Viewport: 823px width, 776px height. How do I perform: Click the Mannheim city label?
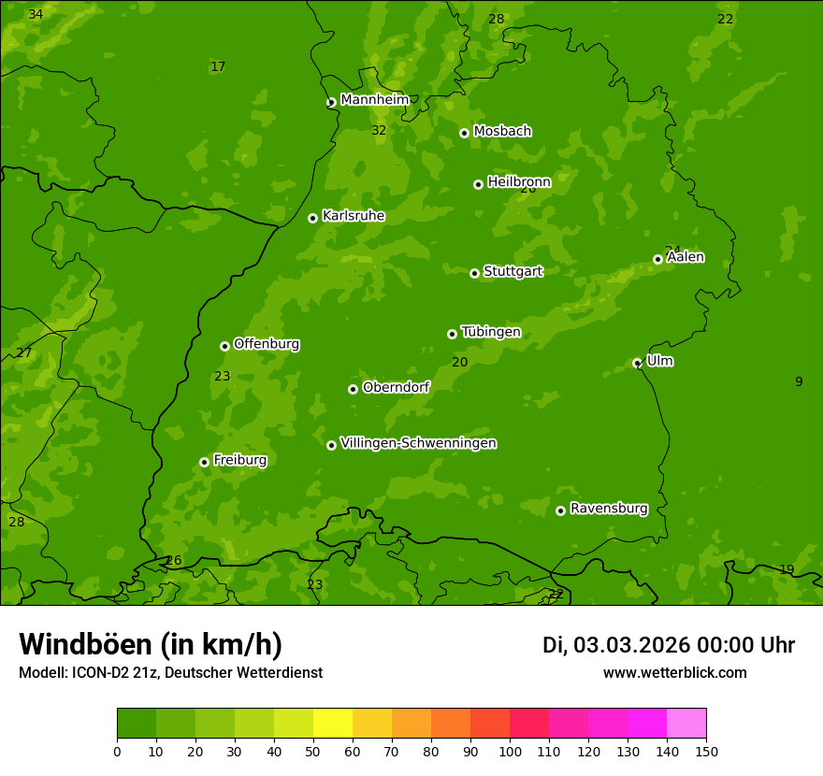coord(374,100)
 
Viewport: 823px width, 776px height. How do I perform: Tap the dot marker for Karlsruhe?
coord(312,218)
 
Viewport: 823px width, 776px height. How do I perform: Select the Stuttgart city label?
coord(513,271)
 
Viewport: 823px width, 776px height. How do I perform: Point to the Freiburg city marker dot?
coord(204,462)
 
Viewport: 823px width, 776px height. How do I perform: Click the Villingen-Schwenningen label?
coord(418,443)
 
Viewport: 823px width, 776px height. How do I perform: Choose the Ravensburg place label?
coord(609,509)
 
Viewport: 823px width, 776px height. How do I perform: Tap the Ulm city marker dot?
coord(637,363)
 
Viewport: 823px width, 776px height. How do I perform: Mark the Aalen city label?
coord(686,257)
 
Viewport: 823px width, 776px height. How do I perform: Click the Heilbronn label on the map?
coord(519,182)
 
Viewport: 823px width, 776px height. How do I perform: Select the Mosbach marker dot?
coord(464,133)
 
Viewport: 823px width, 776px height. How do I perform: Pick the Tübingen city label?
coord(491,332)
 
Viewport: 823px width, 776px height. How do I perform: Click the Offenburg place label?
coord(267,344)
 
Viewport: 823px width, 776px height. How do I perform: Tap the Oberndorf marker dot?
coord(353,389)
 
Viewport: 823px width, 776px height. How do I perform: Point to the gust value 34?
coord(36,15)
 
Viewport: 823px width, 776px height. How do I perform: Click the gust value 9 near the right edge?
coord(799,381)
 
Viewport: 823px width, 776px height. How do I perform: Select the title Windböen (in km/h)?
coord(151,644)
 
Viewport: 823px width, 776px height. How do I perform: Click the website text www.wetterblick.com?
coord(674,672)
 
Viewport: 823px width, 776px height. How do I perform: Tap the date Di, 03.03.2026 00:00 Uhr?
coord(669,645)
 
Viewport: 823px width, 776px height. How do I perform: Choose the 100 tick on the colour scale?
coord(510,751)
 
